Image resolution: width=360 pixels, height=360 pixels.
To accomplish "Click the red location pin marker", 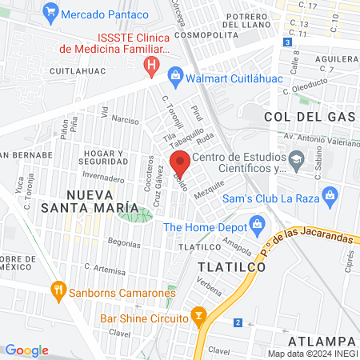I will pyautogui.click(x=181, y=163).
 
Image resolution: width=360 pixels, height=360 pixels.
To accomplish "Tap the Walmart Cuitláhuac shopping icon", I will pyautogui.click(x=175, y=78).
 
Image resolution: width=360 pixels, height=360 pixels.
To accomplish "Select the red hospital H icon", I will pyautogui.click(x=150, y=64).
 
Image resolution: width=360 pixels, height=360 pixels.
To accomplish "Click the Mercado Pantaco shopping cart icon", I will pyautogui.click(x=51, y=13).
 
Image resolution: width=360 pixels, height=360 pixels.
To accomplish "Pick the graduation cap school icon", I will pyautogui.click(x=297, y=161).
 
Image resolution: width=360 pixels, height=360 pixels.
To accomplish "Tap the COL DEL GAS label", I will pyautogui.click(x=309, y=117).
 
